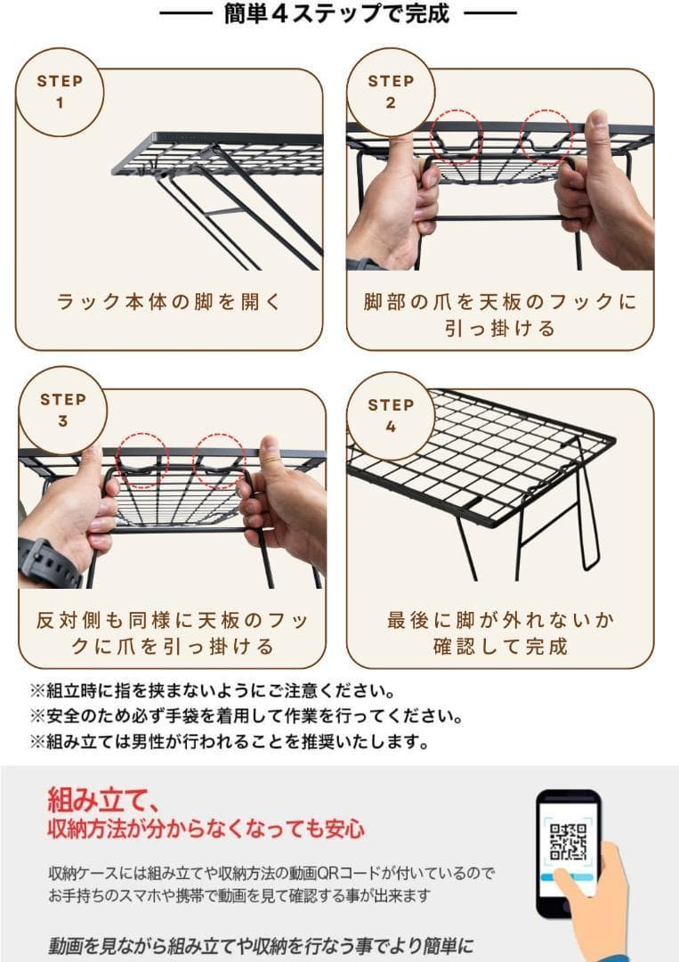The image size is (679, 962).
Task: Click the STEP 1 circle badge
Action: click(x=60, y=92)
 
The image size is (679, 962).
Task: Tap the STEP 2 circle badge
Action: click(x=391, y=92)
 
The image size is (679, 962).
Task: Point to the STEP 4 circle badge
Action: click(x=391, y=415)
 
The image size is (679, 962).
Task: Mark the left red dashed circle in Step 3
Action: click(x=142, y=461)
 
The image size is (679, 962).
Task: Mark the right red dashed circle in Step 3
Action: click(x=220, y=461)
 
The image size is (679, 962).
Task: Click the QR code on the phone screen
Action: click(x=569, y=842)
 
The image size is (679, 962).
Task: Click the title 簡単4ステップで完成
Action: click(x=337, y=14)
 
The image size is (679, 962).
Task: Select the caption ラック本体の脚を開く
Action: click(x=169, y=302)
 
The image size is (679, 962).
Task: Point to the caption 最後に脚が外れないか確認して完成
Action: click(x=500, y=632)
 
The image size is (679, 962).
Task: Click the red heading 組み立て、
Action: click(x=103, y=795)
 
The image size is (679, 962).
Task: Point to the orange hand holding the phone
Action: click(x=598, y=909)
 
